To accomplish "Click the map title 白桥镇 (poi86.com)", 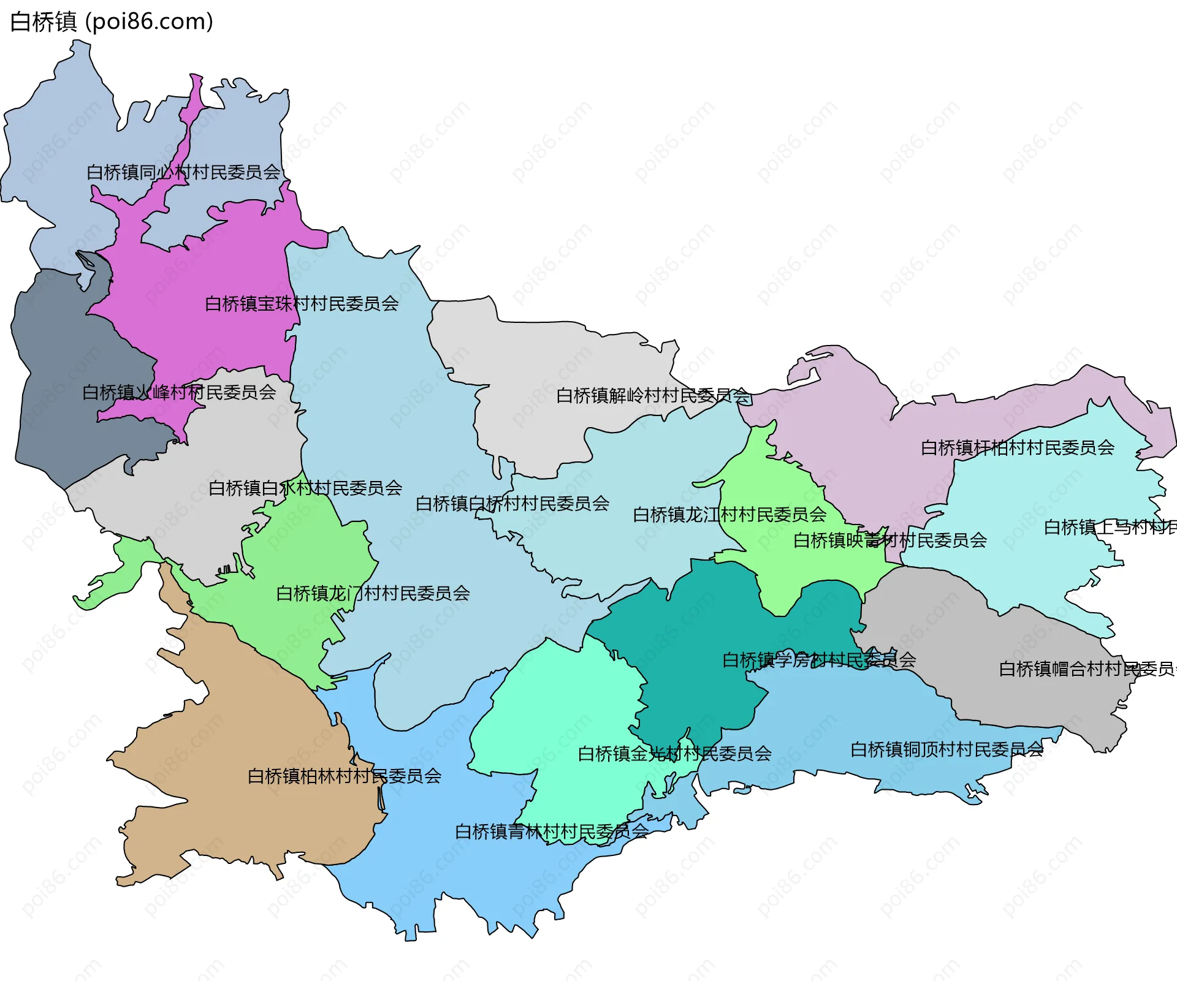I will [112, 22].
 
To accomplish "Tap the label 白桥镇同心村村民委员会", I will [183, 172].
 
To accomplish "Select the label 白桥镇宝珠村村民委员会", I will [302, 303].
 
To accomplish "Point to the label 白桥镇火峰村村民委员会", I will [179, 392].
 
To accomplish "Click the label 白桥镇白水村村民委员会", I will [305, 488].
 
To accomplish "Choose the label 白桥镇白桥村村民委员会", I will [512, 504].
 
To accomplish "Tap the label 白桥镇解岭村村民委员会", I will [653, 395].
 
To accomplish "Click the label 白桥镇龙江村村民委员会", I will [729, 514].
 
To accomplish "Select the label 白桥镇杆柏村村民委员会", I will [1018, 447].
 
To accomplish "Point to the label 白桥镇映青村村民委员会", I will [890, 540].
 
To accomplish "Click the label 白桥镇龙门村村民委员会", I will [373, 593].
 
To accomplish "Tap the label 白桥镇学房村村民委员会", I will [819, 660].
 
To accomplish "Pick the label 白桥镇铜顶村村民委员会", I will [947, 749].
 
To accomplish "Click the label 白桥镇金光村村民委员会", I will [674, 753].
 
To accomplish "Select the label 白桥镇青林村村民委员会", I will [551, 831].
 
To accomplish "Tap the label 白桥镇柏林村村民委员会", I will [345, 776].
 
